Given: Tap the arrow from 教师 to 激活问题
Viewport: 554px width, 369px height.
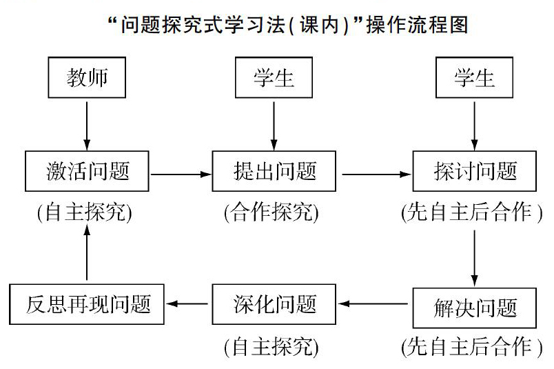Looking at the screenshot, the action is [87, 126].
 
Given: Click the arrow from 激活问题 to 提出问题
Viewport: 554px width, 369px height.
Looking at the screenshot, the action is [181, 174].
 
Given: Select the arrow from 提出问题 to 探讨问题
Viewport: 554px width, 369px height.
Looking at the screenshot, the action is [377, 174].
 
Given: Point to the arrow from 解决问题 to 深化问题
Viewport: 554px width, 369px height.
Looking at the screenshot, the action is [373, 303].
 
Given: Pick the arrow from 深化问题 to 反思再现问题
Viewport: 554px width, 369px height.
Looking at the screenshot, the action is [187, 303].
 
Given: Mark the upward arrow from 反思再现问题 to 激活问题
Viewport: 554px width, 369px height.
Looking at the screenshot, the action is [87, 252].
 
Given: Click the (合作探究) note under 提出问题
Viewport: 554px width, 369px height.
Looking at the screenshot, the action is [271, 212].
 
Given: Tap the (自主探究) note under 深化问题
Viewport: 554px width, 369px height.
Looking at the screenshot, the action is [271, 347].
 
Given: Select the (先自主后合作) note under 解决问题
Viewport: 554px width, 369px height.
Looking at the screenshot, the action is [472, 347].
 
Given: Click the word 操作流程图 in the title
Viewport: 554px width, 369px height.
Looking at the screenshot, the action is [418, 26].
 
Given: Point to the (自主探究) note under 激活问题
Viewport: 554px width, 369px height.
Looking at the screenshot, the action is [85, 212].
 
